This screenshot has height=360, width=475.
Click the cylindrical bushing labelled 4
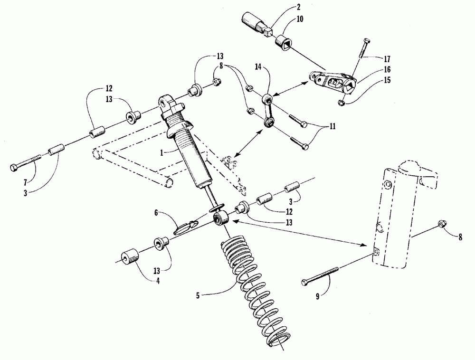(x=129, y=257)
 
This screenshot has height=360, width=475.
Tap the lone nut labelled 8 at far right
(x=440, y=222)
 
